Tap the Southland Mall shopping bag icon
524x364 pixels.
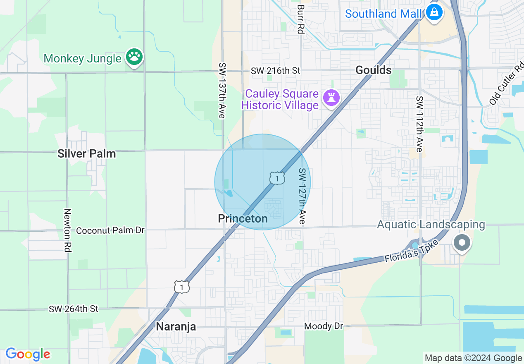(434, 13)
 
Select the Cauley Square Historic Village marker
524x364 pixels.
(331, 98)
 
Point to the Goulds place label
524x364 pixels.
(374, 70)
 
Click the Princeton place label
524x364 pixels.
(243, 218)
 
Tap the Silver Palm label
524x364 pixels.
(87, 154)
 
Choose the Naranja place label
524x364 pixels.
(176, 327)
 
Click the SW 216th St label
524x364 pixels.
(276, 71)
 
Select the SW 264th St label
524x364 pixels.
(74, 309)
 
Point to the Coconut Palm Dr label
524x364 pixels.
(110, 230)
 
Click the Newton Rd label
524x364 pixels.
(68, 230)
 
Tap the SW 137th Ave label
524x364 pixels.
(222, 91)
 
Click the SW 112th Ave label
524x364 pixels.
(420, 124)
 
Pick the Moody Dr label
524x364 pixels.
(324, 326)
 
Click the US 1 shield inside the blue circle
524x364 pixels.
(277, 178)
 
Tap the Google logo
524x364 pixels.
(28, 354)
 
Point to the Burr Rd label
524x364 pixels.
(300, 19)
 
